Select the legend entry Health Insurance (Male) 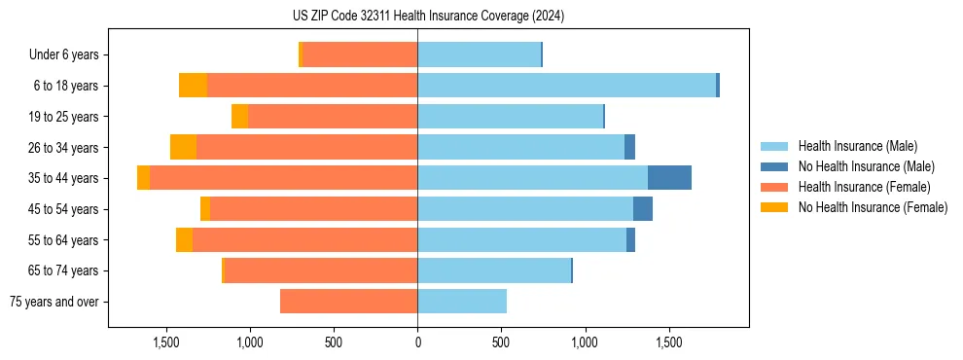pyautogui.click(x=857, y=146)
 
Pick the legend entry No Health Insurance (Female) pyautogui.click(x=873, y=207)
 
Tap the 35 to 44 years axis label pyautogui.click(x=64, y=178)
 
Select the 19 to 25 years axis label pyautogui.click(x=64, y=117)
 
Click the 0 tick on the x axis pyautogui.click(x=417, y=343)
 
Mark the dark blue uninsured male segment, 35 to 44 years pyautogui.click(x=669, y=178)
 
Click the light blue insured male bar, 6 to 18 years pyautogui.click(x=566, y=86)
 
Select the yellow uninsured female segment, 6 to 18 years pyautogui.click(x=193, y=86)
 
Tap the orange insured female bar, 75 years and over pyautogui.click(x=348, y=302)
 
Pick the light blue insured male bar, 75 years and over pyautogui.click(x=462, y=302)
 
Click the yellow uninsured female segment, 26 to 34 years pyautogui.click(x=183, y=147)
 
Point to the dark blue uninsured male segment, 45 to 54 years pyautogui.click(x=643, y=209)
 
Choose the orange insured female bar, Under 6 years pyautogui.click(x=360, y=54)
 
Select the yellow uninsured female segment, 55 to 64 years pyautogui.click(x=184, y=240)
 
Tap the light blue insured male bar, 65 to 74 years pyautogui.click(x=494, y=270)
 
